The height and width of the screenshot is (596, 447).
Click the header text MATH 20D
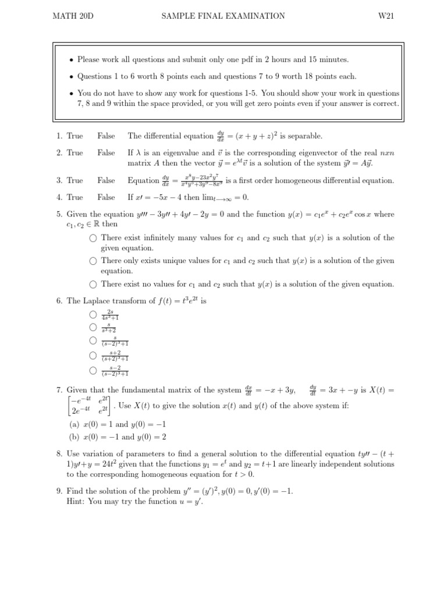coord(73,16)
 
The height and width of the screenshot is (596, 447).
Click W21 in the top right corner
coord(386,16)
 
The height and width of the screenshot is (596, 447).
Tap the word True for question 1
coord(75,136)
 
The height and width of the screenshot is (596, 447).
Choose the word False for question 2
coord(107,153)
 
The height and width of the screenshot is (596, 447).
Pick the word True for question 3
coord(75,180)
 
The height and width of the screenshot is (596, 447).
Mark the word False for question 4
coord(107,197)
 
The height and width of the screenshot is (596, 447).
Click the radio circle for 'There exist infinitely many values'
coord(93,238)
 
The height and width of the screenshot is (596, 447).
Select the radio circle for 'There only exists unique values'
coord(93,261)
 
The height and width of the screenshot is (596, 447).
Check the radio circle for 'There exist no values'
coord(93,285)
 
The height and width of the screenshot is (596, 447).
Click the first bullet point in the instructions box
coord(71,60)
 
